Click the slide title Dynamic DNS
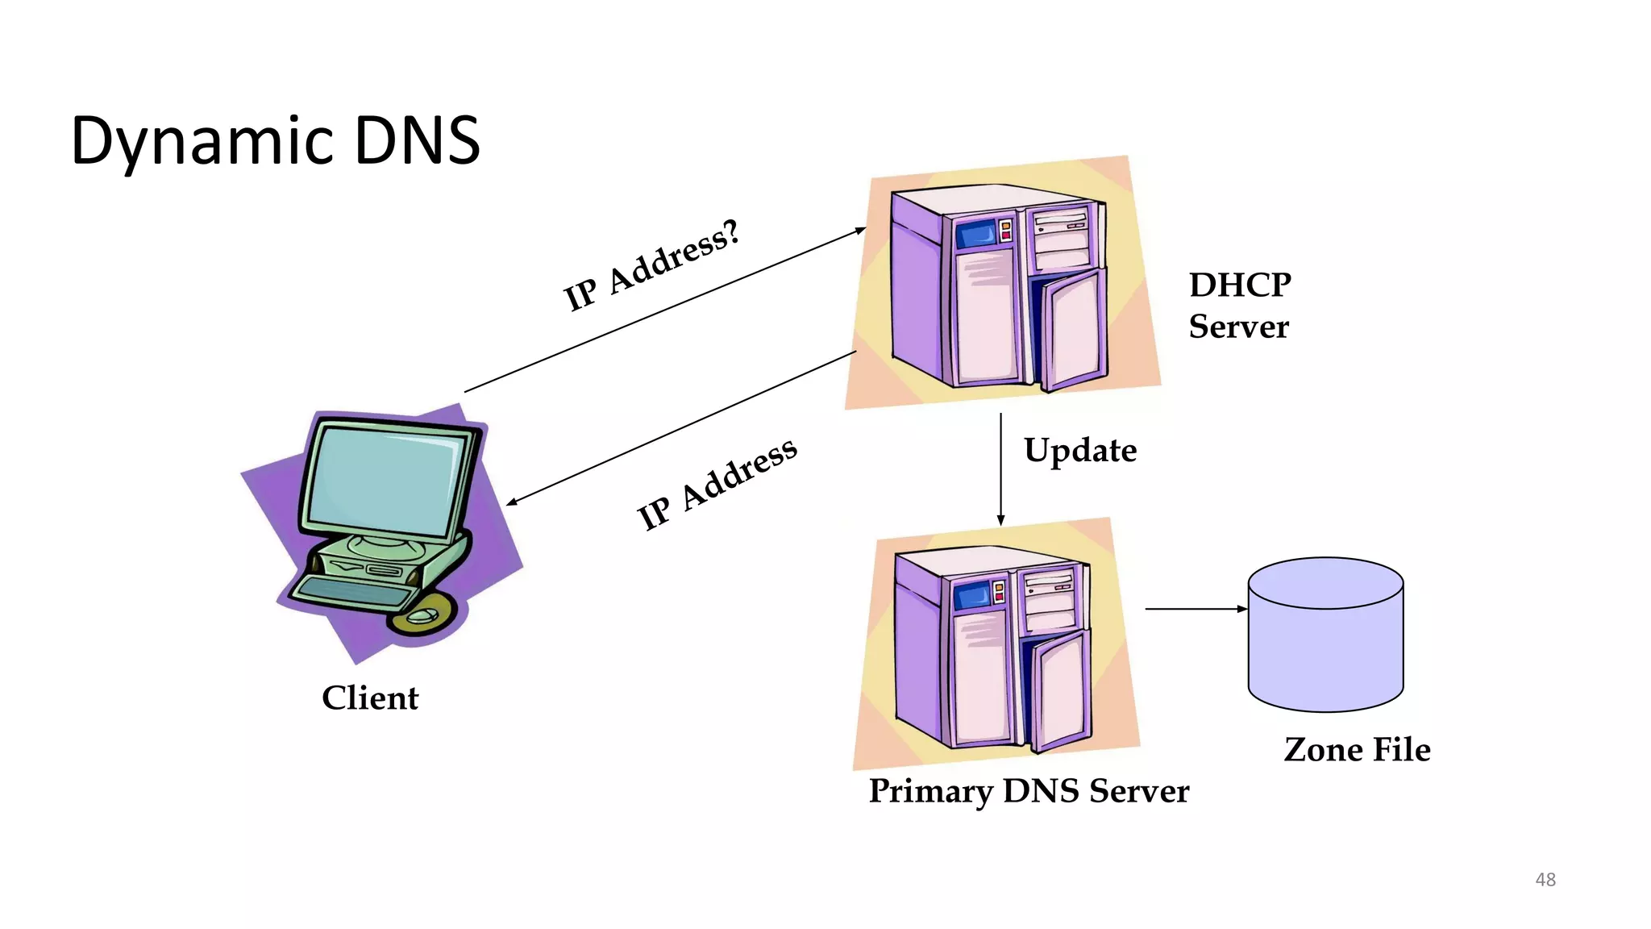point(276,141)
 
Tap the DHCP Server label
point(1239,306)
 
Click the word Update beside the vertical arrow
point(1080,450)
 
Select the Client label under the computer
point(370,698)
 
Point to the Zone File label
point(1357,749)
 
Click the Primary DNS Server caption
point(1029,790)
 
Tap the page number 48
point(1545,879)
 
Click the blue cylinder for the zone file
point(1325,637)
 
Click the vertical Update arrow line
point(1000,468)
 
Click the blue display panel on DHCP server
point(975,235)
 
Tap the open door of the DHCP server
point(1073,331)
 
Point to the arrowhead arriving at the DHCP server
point(860,231)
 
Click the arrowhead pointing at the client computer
point(511,502)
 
